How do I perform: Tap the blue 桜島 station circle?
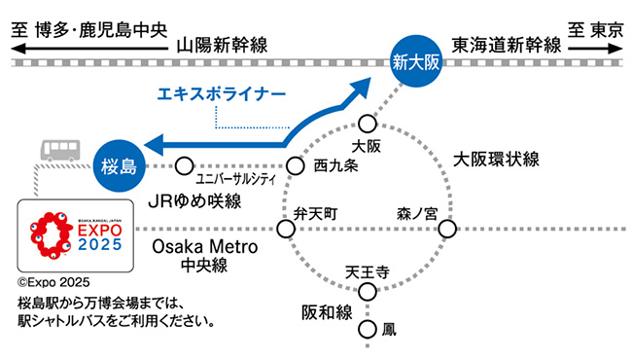[x=118, y=165]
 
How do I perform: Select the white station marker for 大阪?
[x=367, y=124]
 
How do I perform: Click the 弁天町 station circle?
[x=286, y=230]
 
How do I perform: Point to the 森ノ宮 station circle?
[x=447, y=230]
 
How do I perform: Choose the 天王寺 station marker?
[x=368, y=291]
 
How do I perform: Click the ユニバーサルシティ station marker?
[x=185, y=165]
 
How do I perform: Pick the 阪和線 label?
[x=324, y=313]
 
